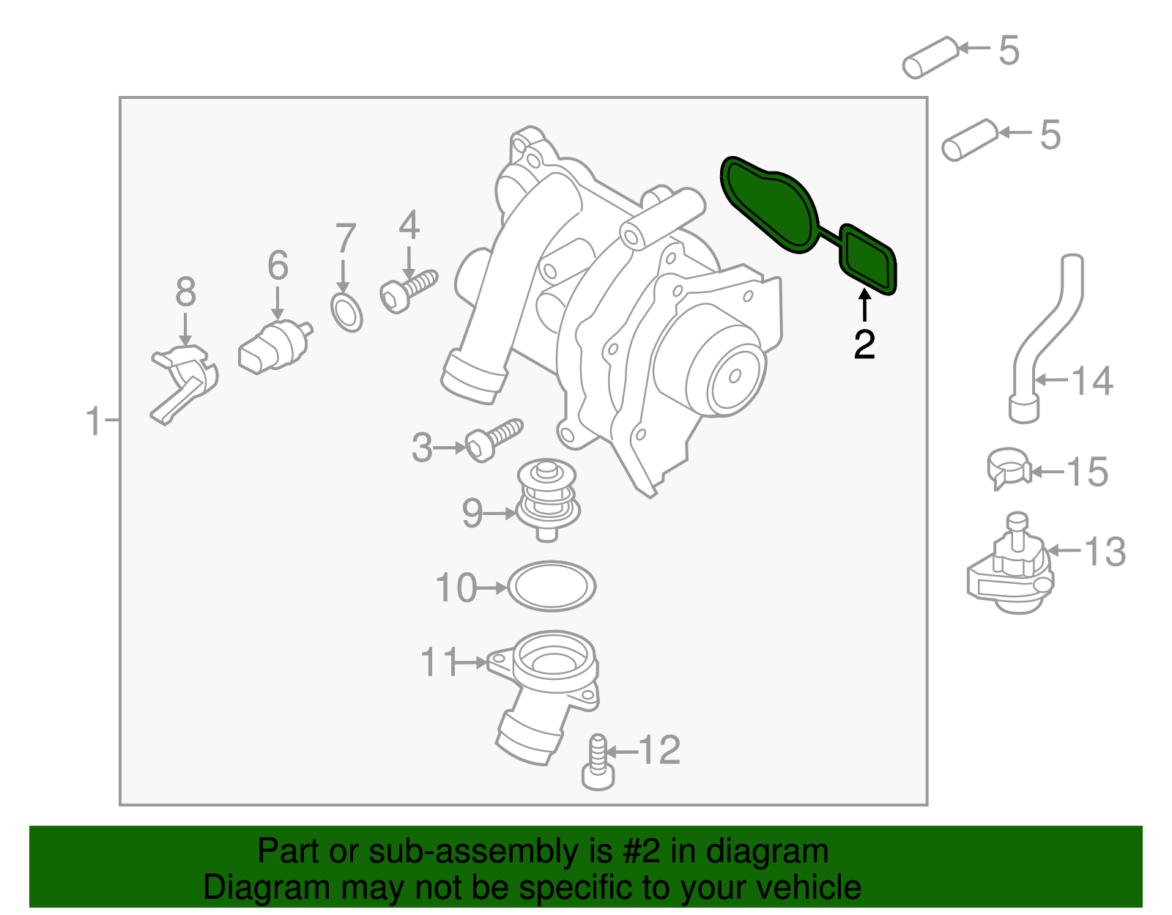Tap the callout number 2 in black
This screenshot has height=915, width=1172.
864,344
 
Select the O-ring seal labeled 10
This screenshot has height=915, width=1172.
552,586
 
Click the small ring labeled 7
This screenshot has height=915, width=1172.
346,313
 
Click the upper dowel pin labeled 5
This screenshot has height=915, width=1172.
930,56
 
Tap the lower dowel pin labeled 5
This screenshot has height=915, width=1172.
969,139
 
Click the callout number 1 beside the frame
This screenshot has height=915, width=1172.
93,422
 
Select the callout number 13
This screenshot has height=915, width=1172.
1105,552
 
